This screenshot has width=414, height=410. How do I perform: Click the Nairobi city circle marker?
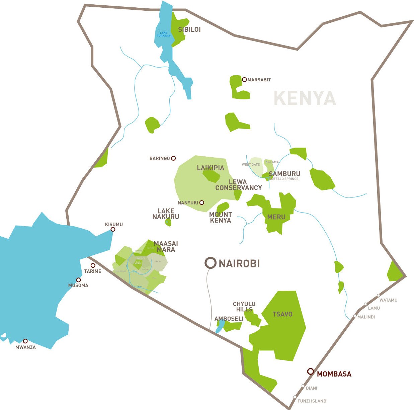pos(211,263)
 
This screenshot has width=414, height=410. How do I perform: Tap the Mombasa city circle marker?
pos(311,371)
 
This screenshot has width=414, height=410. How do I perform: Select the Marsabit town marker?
pos(244,80)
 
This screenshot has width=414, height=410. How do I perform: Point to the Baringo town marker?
pos(173,158)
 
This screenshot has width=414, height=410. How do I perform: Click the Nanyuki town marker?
pos(201,202)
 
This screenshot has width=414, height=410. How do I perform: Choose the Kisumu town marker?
pos(113,229)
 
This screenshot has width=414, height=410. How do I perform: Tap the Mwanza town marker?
pos(25,341)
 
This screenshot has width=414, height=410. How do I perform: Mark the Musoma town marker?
pos(78,280)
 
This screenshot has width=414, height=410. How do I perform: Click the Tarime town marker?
pos(93,265)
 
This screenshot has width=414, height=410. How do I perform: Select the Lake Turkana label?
pos(164,34)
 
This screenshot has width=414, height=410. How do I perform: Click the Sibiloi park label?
pos(189,29)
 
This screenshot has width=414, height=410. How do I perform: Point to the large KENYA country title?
pos(305,98)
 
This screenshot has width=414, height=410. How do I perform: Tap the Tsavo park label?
pos(282,314)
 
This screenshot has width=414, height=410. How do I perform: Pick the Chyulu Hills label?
pos(244,307)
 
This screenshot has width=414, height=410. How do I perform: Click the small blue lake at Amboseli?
pos(220,327)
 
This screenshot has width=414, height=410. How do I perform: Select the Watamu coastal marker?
pos(379,296)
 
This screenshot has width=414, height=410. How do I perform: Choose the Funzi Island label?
pos(312,401)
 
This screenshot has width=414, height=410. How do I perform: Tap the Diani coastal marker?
pos(303,386)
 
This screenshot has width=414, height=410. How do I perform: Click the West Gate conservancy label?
pos(251,165)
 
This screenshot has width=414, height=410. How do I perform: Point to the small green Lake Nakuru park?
pos(168,222)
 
